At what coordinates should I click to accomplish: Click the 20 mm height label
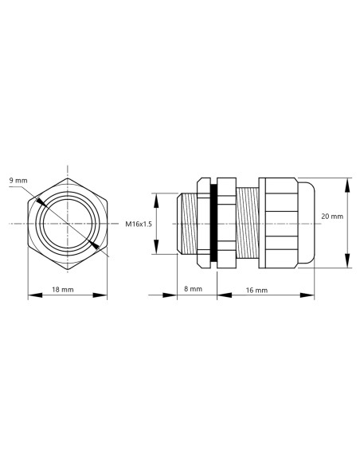[x=331, y=216]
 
